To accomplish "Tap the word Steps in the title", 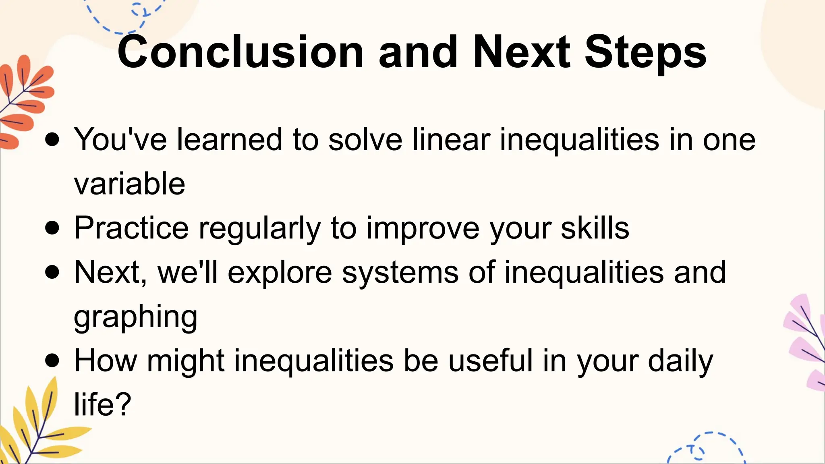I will pyautogui.click(x=645, y=52).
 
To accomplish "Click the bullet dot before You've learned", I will pyautogui.click(x=52, y=140).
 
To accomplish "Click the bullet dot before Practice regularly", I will pyautogui.click(x=52, y=228).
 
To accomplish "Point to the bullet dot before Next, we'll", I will pyautogui.click(x=52, y=272).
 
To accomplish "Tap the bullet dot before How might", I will pyautogui.click(x=52, y=360).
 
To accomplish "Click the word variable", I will pyautogui.click(x=129, y=184).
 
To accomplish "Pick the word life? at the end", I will pyautogui.click(x=103, y=404).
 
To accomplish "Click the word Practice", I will pyautogui.click(x=131, y=228).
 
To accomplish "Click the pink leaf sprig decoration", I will pyautogui.click(x=806, y=342).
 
